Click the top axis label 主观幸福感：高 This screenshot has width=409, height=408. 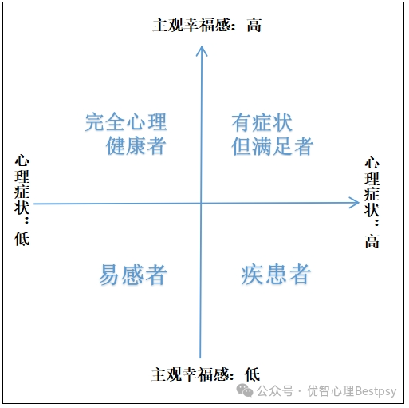(x=207, y=26)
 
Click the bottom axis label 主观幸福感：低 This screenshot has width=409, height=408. (x=206, y=374)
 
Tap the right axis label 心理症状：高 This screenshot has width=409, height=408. (x=372, y=203)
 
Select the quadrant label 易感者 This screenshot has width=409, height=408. (x=133, y=275)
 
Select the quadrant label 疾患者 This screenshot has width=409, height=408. (x=276, y=275)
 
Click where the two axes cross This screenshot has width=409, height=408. (x=201, y=204)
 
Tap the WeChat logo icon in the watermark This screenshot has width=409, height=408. (x=245, y=390)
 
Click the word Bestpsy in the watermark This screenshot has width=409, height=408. (x=376, y=391)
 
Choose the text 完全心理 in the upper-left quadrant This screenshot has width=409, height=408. (x=126, y=122)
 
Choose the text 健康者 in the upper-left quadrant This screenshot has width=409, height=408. (x=136, y=145)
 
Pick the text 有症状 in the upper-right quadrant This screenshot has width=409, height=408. (x=262, y=123)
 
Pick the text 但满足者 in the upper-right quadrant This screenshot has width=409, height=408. (x=272, y=146)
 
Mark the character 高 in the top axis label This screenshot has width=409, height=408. (x=254, y=26)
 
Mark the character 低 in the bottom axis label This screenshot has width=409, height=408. (x=253, y=374)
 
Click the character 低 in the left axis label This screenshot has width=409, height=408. (x=22, y=239)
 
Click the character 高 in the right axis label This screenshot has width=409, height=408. (x=372, y=241)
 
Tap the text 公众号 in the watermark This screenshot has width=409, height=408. (x=275, y=391)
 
